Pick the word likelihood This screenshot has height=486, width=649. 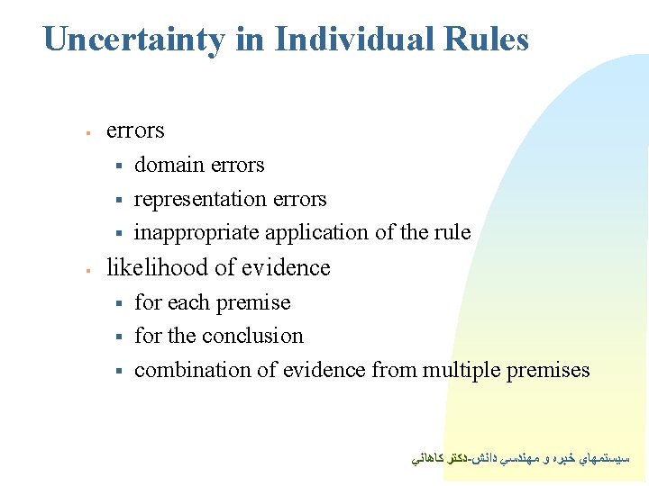pos(154,267)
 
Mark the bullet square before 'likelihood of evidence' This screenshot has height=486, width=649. pos(87,269)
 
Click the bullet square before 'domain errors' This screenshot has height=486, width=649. pos(118,166)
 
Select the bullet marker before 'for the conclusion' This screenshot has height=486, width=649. pos(118,337)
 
